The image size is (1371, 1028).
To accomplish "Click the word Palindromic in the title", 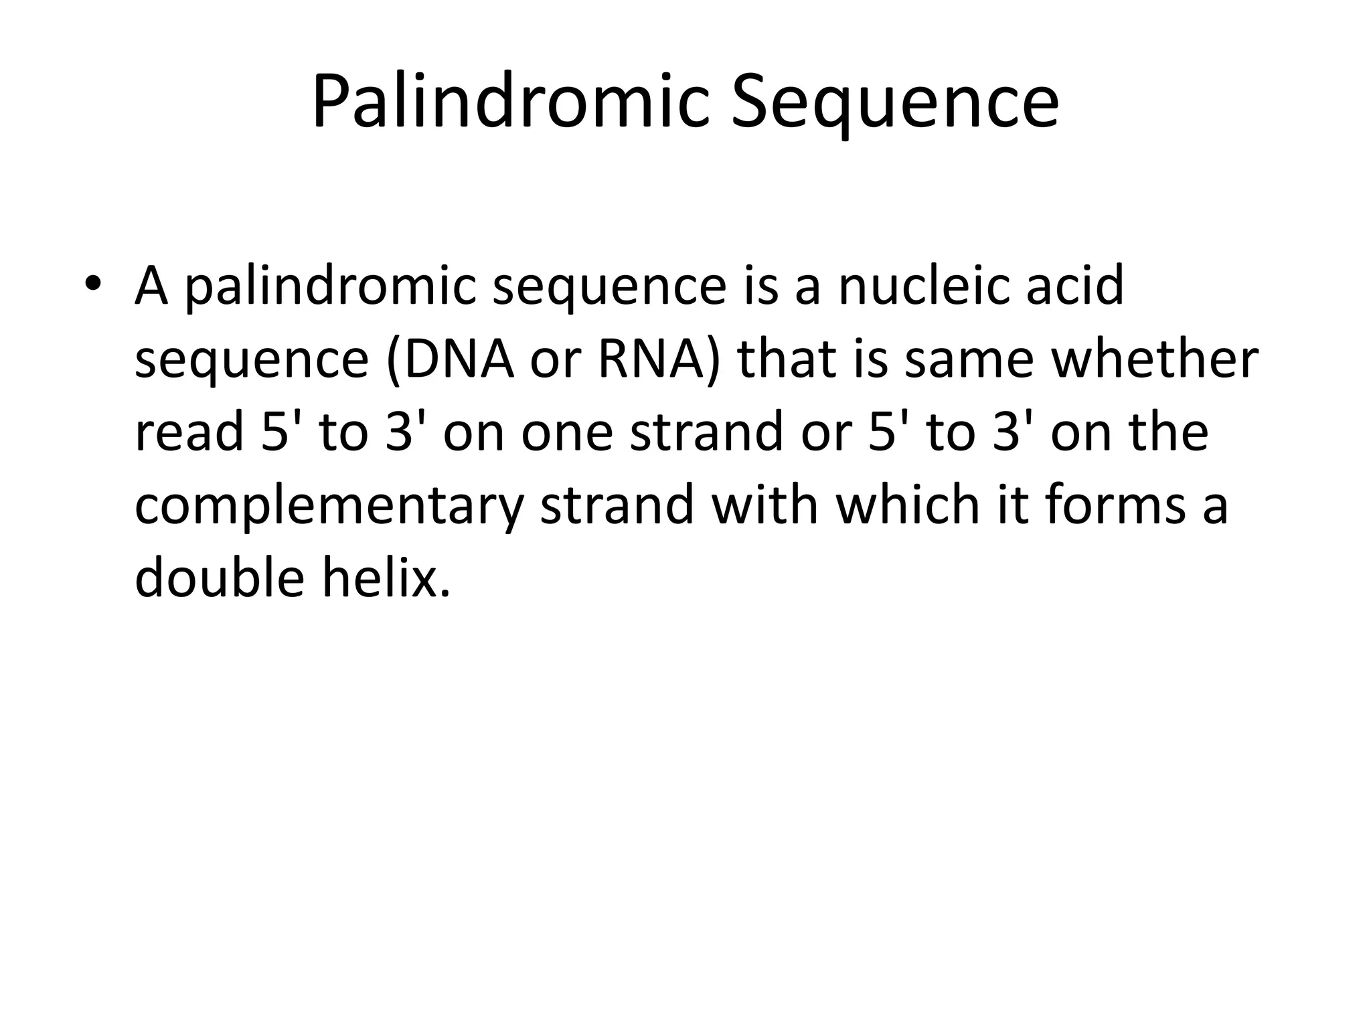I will coord(509,102).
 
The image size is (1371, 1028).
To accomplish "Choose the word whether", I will coord(1155,359).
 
